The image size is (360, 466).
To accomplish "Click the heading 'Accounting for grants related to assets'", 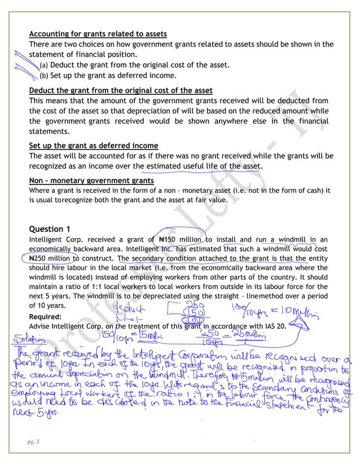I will click(98, 34).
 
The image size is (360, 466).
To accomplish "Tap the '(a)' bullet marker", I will click(43, 65).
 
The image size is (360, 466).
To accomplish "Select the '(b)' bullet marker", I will click(43, 75).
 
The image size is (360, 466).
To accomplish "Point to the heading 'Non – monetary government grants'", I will click(91, 181).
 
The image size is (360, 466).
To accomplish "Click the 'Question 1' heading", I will click(50, 228).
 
